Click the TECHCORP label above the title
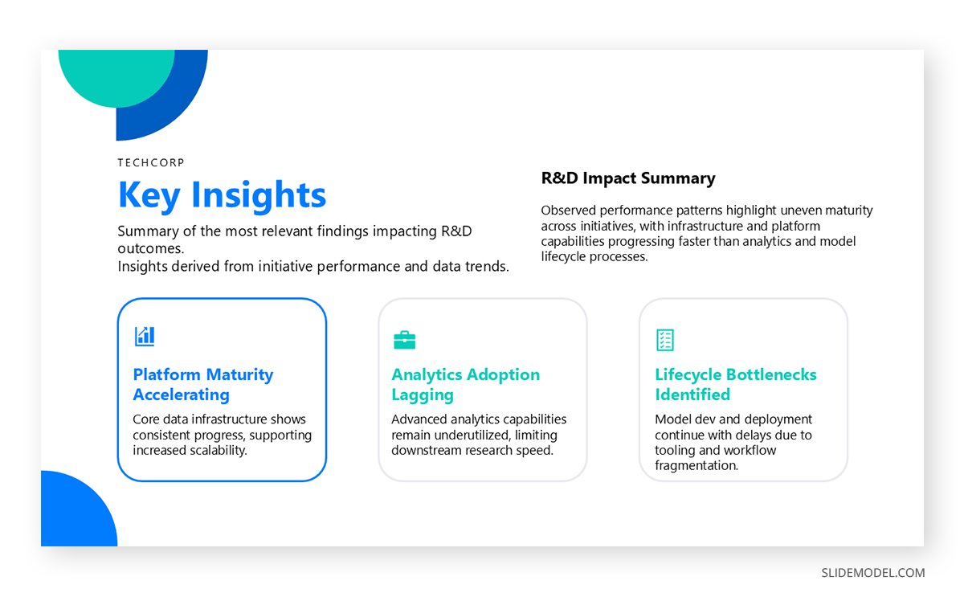[x=151, y=162]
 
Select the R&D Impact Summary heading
[x=628, y=178]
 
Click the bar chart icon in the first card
[x=145, y=337]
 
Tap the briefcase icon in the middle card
[x=404, y=340]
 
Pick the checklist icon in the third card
[x=665, y=340]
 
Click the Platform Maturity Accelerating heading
[x=203, y=384]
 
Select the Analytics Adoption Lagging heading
[x=465, y=384]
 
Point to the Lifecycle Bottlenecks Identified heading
[x=735, y=384]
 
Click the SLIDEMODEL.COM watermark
[x=872, y=573]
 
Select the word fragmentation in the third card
[x=696, y=465]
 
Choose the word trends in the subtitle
[x=485, y=267]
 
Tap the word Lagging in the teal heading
[x=423, y=395]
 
